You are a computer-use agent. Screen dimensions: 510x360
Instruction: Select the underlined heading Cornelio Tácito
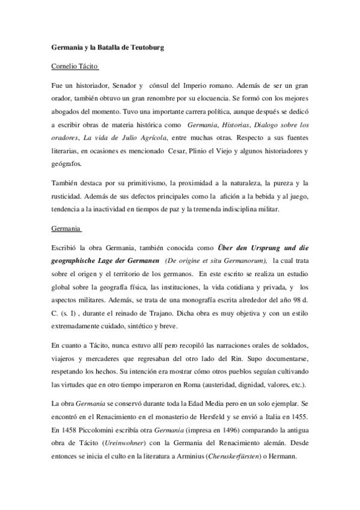(x=73, y=67)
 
